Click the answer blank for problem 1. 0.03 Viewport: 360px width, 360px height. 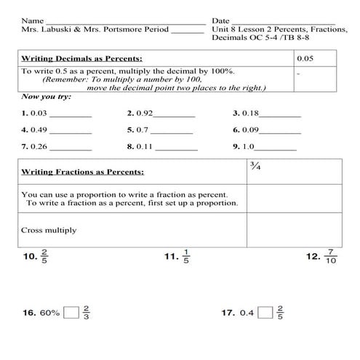point(71,114)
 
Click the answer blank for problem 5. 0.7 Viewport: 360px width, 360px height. point(173,131)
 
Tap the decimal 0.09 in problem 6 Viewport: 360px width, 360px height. point(250,130)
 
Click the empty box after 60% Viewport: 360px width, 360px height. point(71,313)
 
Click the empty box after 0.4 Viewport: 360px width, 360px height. point(265,313)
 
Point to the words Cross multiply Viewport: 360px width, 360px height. point(49,231)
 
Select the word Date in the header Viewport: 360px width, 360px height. point(220,20)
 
